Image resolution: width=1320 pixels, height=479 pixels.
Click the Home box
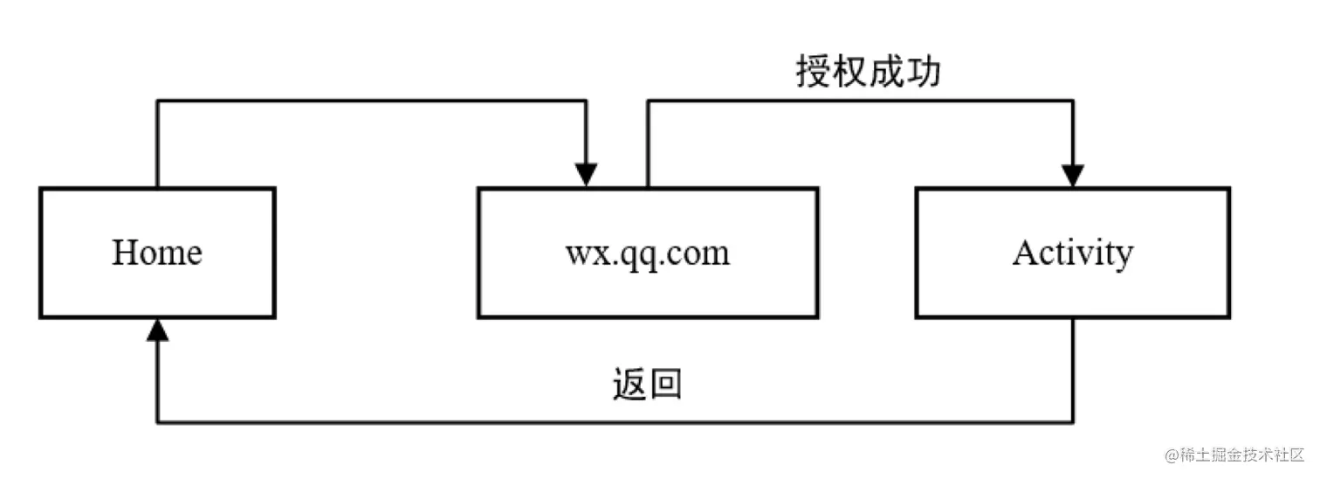(x=157, y=253)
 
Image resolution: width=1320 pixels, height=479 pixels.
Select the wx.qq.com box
(x=647, y=253)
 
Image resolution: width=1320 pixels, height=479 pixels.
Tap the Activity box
(x=1072, y=253)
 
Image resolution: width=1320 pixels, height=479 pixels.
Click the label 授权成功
(x=868, y=73)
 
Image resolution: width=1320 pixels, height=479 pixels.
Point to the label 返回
(x=647, y=384)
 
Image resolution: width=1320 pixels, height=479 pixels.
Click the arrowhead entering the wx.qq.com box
(x=587, y=175)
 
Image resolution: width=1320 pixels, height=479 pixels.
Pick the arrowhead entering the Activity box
(x=1072, y=175)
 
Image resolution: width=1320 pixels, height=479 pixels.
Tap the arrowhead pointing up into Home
(x=157, y=330)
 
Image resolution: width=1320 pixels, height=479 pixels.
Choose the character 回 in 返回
(x=665, y=384)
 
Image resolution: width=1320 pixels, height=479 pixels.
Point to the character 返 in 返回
(x=629, y=384)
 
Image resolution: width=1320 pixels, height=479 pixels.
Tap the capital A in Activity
(x=1025, y=253)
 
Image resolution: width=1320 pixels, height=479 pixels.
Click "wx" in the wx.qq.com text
(x=581, y=254)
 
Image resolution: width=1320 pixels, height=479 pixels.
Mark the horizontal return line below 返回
(x=611, y=423)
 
